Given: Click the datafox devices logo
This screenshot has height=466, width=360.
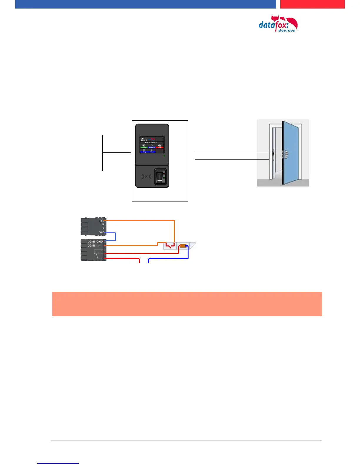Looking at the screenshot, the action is point(278,24).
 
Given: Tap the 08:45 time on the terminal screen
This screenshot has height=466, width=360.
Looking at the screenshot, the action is point(144,139).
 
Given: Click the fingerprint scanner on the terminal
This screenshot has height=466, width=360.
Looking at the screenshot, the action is point(159,177).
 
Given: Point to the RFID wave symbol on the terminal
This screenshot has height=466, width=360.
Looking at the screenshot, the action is point(146,177).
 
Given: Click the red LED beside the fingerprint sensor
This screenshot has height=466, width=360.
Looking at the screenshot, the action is point(164,174).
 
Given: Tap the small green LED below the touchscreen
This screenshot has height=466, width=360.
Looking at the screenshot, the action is point(164,156).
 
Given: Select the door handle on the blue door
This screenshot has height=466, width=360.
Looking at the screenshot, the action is point(286,153).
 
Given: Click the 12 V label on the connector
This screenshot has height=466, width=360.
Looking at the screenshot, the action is point(101,220).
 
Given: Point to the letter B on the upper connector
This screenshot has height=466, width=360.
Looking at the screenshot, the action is point(103,224).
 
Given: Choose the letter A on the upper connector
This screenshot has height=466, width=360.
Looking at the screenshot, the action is point(103,228).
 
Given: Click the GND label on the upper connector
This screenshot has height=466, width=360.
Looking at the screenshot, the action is point(101,232).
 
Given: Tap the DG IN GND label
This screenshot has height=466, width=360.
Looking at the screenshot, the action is point(95,242).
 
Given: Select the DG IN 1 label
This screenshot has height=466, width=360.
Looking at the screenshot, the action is point(94,246).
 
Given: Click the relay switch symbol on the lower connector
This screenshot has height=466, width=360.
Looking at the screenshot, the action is point(99,254).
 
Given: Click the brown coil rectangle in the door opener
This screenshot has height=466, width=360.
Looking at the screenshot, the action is point(183,246).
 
